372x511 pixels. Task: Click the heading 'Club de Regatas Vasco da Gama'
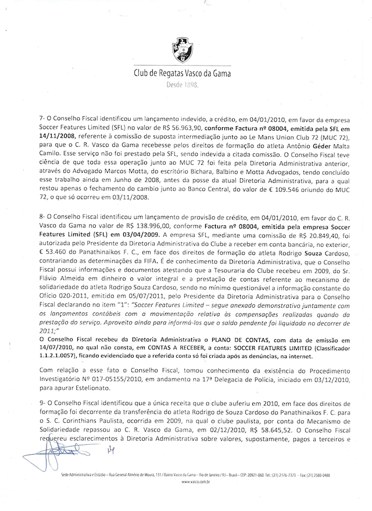coord(183,74)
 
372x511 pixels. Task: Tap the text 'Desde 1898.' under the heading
coord(183,85)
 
